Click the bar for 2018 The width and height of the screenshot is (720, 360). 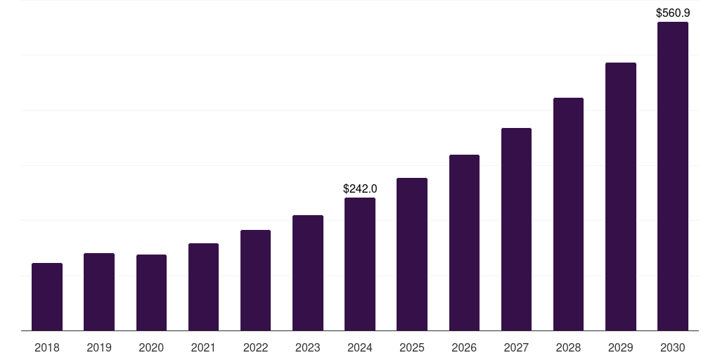[x=47, y=297]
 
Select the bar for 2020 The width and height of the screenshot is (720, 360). [x=151, y=292]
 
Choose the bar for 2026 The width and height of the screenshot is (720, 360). [x=464, y=243]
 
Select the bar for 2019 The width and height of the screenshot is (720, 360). [x=99, y=292]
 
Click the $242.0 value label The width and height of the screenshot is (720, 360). [x=360, y=188]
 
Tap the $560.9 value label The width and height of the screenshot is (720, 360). [x=673, y=13]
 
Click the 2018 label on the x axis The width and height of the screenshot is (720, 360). [x=47, y=347]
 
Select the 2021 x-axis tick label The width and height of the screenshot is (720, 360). [x=203, y=347]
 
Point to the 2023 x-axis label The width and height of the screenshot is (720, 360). [x=308, y=347]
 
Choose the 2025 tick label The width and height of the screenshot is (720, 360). [x=412, y=347]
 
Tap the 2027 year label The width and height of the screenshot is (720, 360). [x=516, y=347]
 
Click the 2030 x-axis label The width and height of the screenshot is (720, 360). [x=673, y=347]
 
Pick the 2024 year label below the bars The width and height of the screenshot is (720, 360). [x=360, y=347]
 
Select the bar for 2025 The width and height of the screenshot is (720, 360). [x=412, y=254]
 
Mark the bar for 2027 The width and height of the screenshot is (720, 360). [x=516, y=229]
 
